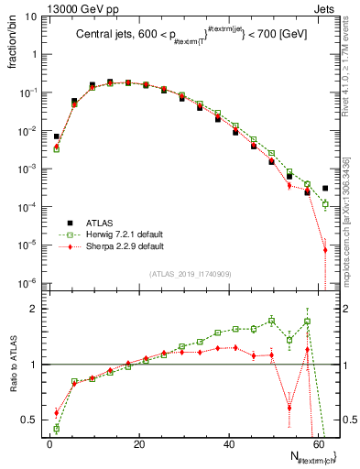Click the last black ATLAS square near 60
pyautogui.click(x=325, y=189)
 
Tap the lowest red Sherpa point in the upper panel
pyautogui.click(x=325, y=249)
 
